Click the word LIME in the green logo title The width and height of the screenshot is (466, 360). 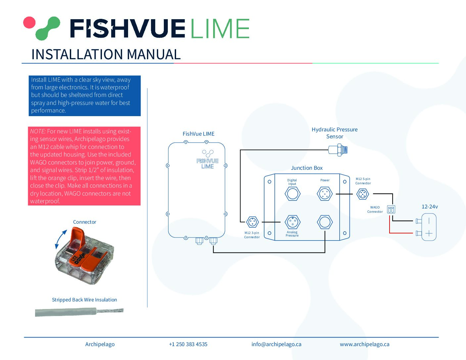(220, 28)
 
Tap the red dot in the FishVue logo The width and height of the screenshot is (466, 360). (29, 22)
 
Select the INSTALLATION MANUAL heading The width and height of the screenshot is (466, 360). (106, 54)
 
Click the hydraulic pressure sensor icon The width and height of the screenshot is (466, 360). (338, 150)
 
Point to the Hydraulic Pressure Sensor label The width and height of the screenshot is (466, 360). (335, 133)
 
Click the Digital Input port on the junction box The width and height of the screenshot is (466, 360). (293, 194)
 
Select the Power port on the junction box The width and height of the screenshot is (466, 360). (325, 194)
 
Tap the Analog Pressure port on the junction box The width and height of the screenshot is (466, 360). (293, 222)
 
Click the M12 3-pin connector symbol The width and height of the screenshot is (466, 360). (253, 222)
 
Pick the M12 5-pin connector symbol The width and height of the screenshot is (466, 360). (363, 194)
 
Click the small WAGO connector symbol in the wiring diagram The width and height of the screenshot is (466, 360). (391, 209)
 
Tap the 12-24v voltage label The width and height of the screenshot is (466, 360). (430, 207)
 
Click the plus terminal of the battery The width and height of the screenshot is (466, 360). (429, 233)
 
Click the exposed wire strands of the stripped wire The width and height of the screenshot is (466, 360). (110, 310)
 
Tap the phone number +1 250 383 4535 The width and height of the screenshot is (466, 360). (188, 344)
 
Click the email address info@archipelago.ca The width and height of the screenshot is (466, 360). (276, 344)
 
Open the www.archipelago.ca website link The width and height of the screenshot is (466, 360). (364, 344)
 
